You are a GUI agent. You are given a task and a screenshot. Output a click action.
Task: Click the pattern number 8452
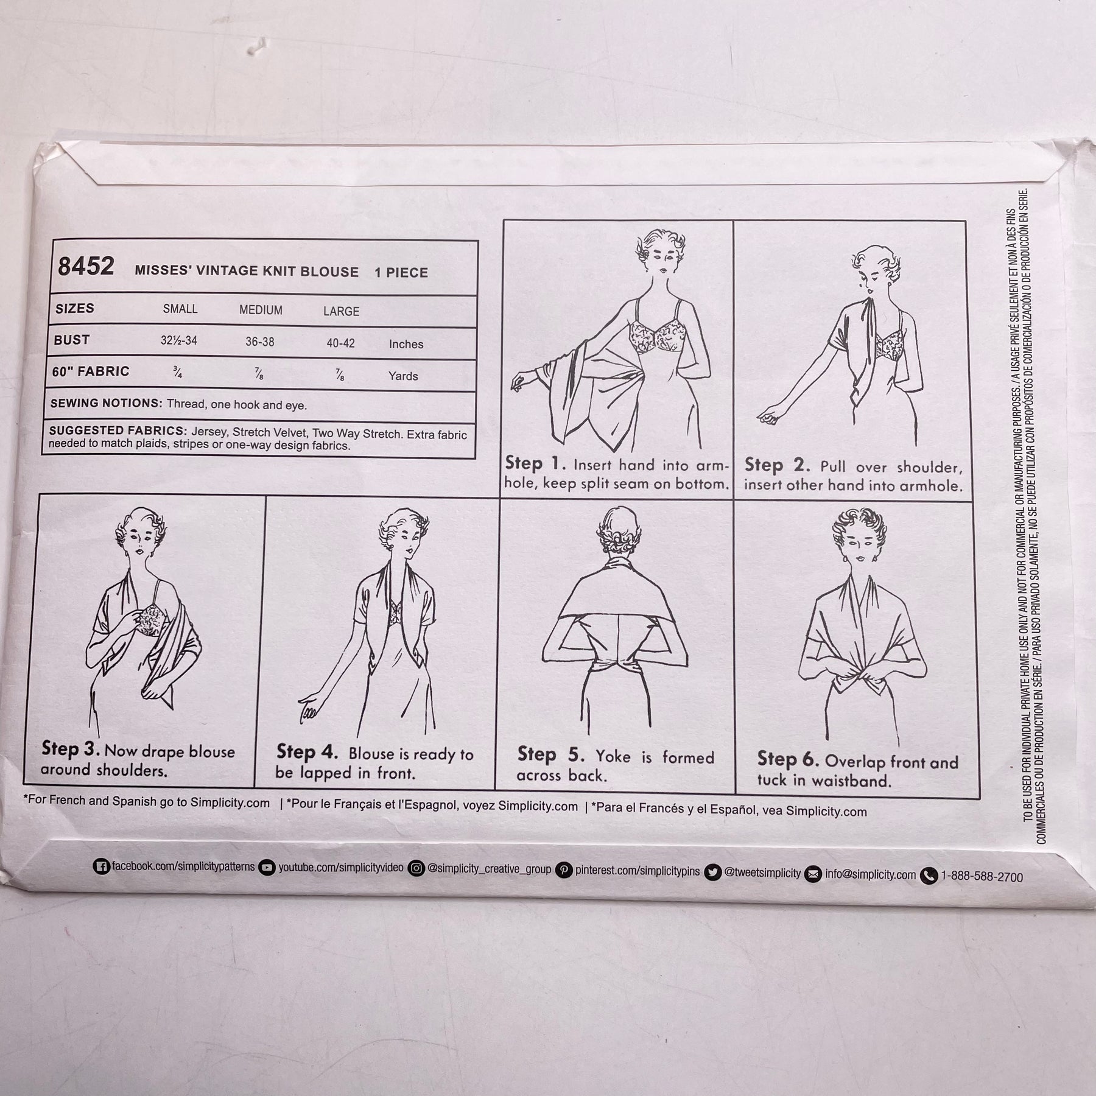86,267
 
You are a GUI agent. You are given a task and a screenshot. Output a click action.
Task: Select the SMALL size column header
180,309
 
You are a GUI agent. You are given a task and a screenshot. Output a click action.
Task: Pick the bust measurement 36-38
260,342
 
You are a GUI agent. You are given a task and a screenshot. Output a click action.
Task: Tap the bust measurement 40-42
340,343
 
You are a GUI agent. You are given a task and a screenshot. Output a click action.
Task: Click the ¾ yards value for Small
177,373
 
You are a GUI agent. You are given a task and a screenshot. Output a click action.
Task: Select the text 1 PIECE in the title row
401,273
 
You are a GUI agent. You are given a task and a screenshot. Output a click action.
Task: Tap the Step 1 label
532,463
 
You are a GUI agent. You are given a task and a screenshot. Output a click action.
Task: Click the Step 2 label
777,465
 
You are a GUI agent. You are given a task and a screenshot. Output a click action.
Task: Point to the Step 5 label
551,754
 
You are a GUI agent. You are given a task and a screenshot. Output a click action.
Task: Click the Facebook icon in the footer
102,866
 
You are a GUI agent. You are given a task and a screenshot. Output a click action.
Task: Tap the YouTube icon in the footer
267,867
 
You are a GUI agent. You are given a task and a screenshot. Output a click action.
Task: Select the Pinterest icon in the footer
566,870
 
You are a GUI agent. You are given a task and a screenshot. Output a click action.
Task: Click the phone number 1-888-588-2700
982,877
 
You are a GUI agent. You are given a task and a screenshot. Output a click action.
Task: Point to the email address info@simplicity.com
870,874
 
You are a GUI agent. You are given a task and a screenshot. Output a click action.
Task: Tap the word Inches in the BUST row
406,344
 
